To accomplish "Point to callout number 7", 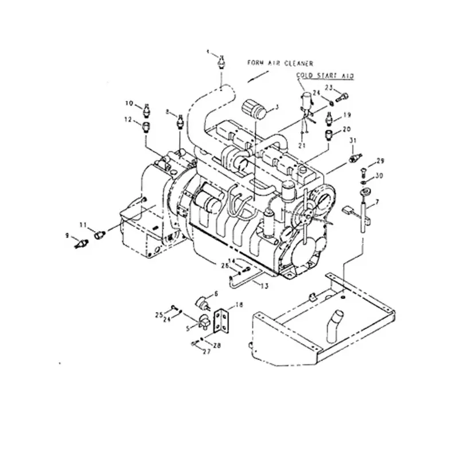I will (377, 202).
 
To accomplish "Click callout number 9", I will (67, 235).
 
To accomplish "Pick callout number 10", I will (130, 103).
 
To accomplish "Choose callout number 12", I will (129, 119).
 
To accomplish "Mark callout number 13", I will (263, 285).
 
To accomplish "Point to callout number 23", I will (329, 87).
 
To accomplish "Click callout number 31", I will (353, 141).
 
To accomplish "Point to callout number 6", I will (216, 294).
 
